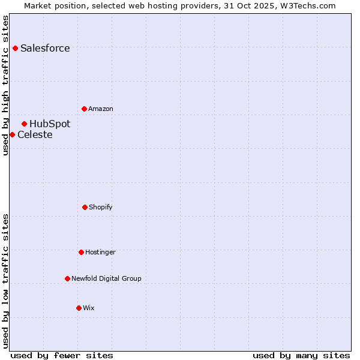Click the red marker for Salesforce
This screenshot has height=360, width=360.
[x=15, y=48]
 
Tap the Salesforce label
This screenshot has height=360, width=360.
[x=45, y=49]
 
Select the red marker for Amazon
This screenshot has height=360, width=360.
[x=84, y=109]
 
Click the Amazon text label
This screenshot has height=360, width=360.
[x=101, y=109]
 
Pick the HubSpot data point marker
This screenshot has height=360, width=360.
[x=24, y=124]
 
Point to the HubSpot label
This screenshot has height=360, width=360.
[x=50, y=124]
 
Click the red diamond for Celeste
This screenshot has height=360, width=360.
[x=12, y=134]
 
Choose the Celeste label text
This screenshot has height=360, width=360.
[x=35, y=135]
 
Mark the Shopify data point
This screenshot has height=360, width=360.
[x=85, y=207]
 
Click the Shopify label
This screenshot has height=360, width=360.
[x=101, y=208]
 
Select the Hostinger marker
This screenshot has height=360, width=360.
[x=81, y=252]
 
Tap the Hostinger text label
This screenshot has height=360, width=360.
[x=100, y=253]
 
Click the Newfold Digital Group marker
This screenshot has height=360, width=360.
[x=67, y=278]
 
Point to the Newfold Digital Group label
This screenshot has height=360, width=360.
[x=106, y=279]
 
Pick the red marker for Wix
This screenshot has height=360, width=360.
[x=79, y=308]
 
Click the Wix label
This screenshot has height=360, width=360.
[x=89, y=308]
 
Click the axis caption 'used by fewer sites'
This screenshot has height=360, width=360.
[x=62, y=355]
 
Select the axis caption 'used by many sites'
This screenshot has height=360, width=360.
[x=301, y=355]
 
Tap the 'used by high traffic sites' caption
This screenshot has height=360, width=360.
[x=6, y=85]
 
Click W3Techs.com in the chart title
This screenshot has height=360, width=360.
[x=306, y=5]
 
